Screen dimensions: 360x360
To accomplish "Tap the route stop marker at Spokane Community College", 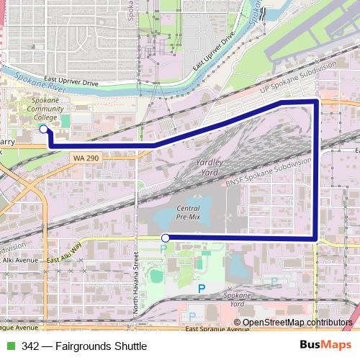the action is click(43, 129).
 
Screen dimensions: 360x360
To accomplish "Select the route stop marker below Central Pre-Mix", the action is click(166, 238).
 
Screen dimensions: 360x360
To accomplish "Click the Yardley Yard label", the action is click(210, 168).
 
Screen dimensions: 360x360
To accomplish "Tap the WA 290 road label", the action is click(85, 157).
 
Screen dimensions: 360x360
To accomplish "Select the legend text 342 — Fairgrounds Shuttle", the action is click(84, 346).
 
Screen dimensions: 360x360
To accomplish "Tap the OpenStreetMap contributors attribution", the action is click(298, 323).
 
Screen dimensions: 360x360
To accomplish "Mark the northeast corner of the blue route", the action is click(316, 103).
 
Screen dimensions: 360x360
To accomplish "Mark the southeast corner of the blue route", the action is click(316, 237).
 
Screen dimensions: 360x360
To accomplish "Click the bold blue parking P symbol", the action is click(202, 288).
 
